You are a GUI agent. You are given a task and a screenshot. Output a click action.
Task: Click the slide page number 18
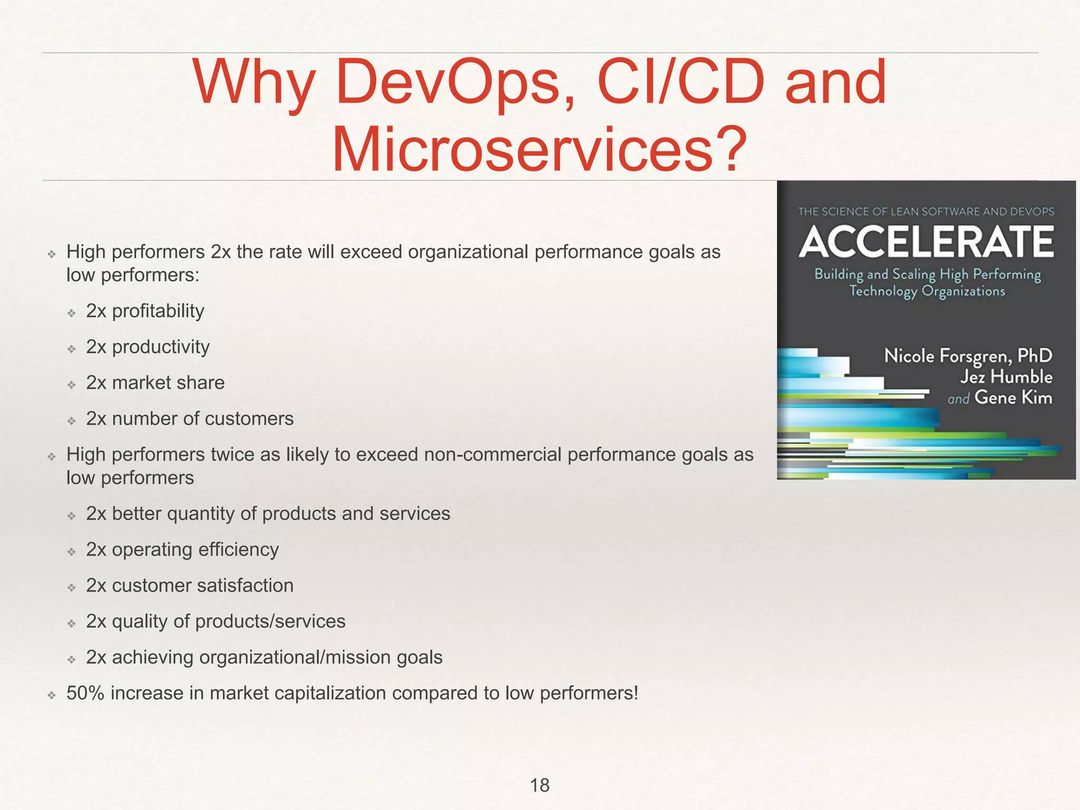pyautogui.click(x=539, y=785)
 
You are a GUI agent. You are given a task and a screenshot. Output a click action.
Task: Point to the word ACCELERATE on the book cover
pyautogui.click(x=926, y=242)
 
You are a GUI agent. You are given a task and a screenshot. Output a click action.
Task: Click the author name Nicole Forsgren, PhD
pyautogui.click(x=968, y=356)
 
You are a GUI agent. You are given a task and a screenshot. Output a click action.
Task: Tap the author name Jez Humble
pyautogui.click(x=1006, y=377)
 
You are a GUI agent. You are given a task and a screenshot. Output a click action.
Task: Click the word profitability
pyautogui.click(x=158, y=311)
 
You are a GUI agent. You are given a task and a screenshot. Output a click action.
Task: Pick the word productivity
pyautogui.click(x=160, y=347)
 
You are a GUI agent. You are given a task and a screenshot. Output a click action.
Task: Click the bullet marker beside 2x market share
pyautogui.click(x=72, y=384)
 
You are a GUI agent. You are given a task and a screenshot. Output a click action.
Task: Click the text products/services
pyautogui.click(x=270, y=621)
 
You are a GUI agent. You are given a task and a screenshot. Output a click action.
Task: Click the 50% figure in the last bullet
pyautogui.click(x=85, y=693)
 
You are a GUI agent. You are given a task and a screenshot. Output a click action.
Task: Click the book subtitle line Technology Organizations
pyautogui.click(x=927, y=291)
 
